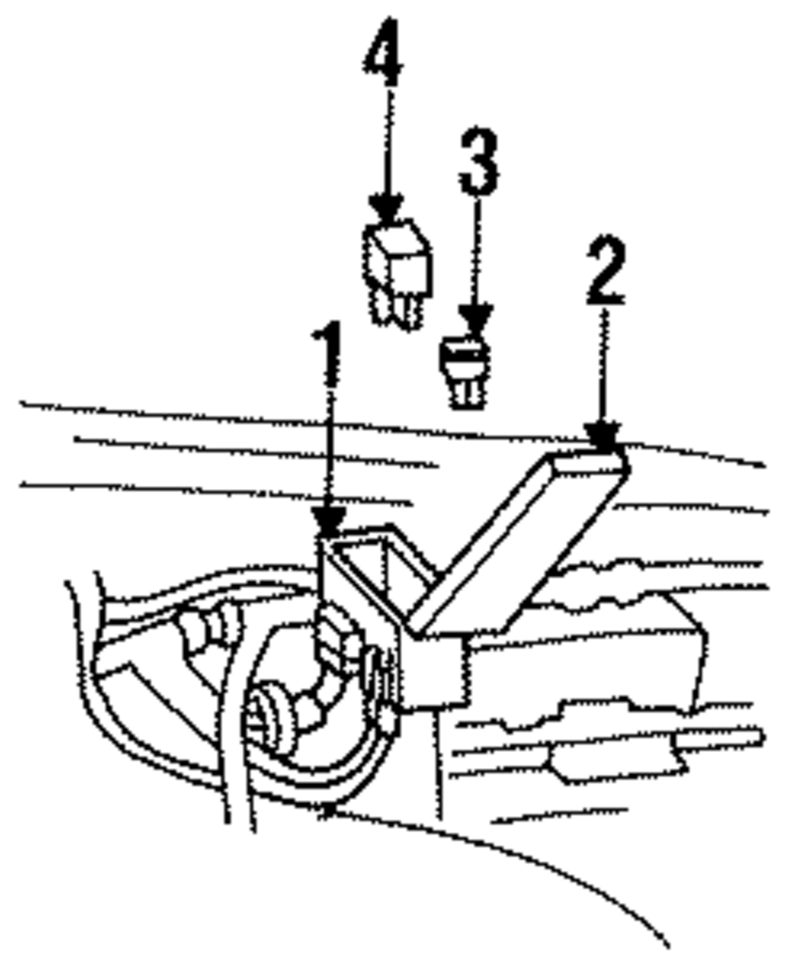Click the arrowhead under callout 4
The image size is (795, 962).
(x=387, y=209)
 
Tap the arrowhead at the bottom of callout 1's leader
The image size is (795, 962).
(x=328, y=522)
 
